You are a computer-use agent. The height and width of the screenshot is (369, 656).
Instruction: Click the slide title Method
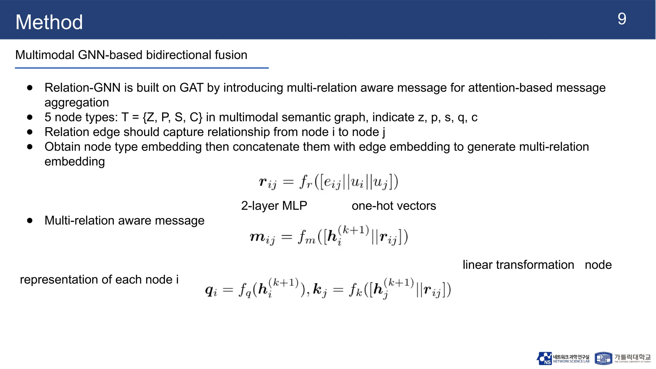pyautogui.click(x=49, y=22)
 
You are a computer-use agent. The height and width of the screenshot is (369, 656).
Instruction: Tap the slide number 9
pyautogui.click(x=622, y=19)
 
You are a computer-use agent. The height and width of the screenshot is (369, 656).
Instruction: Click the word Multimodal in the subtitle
pyautogui.click(x=45, y=55)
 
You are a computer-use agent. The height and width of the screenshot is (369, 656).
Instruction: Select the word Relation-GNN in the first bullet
pyautogui.click(x=82, y=88)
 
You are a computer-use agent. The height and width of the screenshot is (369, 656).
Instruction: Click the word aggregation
pyautogui.click(x=77, y=102)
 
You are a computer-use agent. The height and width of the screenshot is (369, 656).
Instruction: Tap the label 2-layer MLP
pyautogui.click(x=274, y=206)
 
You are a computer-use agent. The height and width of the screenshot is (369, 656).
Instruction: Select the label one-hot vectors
pyautogui.click(x=394, y=206)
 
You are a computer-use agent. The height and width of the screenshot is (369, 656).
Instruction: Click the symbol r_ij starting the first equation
pyautogui.click(x=267, y=183)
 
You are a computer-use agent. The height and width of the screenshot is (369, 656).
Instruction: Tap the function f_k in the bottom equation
pyautogui.click(x=356, y=290)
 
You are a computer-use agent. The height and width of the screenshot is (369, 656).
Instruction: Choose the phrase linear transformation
pyautogui.click(x=518, y=265)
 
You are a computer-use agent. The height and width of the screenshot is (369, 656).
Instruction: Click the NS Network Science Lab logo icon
pyautogui.click(x=544, y=358)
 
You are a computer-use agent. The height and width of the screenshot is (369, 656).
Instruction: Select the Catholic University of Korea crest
pyautogui.click(x=603, y=358)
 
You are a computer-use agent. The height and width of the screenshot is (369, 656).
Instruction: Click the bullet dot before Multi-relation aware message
pyautogui.click(x=30, y=220)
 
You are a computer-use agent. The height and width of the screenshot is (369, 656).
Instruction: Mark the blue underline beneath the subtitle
pyautogui.click(x=142, y=68)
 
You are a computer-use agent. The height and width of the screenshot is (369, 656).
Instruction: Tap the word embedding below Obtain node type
pyautogui.click(x=75, y=161)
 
